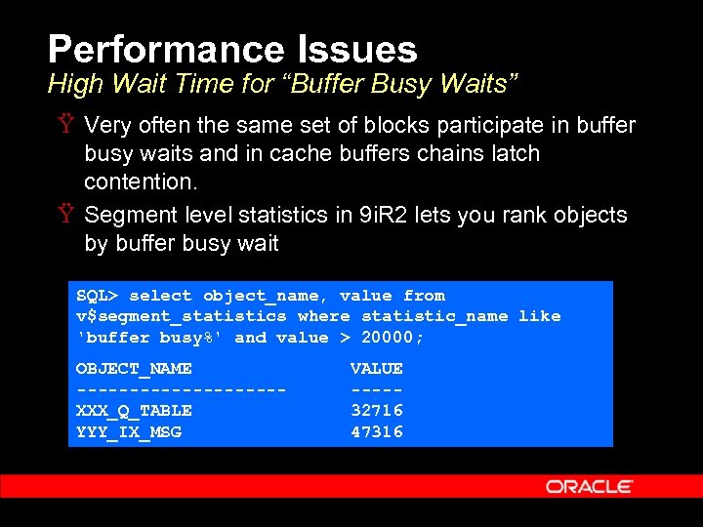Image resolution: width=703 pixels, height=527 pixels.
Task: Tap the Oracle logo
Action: coord(590,486)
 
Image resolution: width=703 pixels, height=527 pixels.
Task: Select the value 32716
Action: coord(377,410)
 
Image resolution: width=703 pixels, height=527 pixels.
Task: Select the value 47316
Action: coord(377,431)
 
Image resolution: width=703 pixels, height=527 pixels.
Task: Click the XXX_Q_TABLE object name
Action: coord(134,410)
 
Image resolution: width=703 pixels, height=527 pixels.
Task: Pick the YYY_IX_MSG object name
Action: coord(129,431)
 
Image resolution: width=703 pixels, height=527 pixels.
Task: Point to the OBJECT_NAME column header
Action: coord(134,368)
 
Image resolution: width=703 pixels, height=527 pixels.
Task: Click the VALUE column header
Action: coord(377,368)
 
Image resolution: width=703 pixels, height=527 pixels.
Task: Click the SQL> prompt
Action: coord(98,296)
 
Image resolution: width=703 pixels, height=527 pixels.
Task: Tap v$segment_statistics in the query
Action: coord(182,316)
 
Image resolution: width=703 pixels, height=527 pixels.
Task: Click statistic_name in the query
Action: coord(434,316)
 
